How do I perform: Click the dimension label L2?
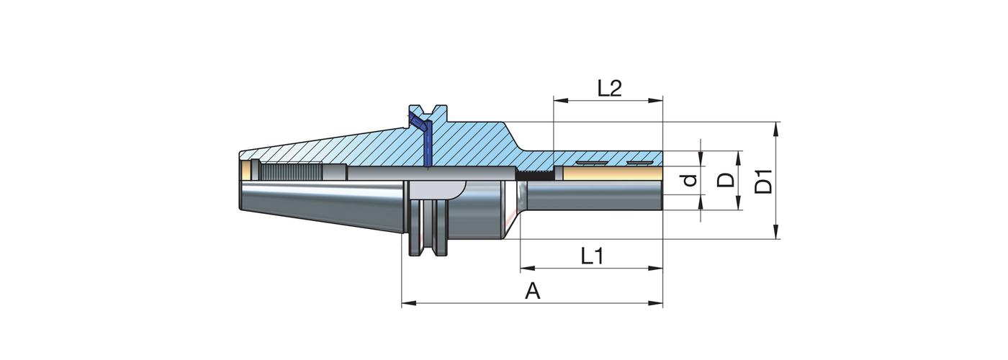[x=609, y=88]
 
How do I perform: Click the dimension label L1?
[x=591, y=256]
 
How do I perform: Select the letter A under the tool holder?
[x=532, y=291]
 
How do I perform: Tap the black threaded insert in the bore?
[x=536, y=175]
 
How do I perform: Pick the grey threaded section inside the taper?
[x=292, y=173]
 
